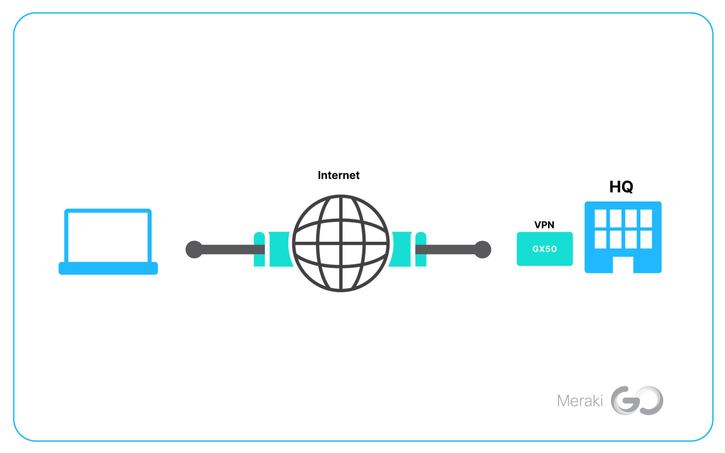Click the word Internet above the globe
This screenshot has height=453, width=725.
click(x=338, y=175)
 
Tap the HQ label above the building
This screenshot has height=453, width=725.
click(x=621, y=187)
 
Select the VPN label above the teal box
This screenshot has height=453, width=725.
click(x=544, y=225)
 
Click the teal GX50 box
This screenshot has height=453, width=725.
click(x=544, y=249)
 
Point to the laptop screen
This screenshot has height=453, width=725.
click(x=108, y=236)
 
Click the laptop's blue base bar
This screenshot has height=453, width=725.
click(x=108, y=269)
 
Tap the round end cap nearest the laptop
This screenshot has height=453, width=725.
click(x=194, y=250)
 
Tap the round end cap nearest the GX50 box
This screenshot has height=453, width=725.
click(x=483, y=250)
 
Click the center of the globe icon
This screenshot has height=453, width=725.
click(x=341, y=243)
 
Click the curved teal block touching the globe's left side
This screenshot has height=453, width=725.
click(x=280, y=249)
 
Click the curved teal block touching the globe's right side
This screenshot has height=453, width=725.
click(x=401, y=249)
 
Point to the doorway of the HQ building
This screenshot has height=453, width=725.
click(x=623, y=265)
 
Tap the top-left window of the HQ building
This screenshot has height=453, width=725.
click(x=600, y=218)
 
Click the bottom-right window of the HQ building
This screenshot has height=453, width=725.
click(x=646, y=240)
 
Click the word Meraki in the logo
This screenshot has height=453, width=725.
click(x=580, y=401)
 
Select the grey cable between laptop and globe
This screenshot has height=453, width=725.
click(x=230, y=250)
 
